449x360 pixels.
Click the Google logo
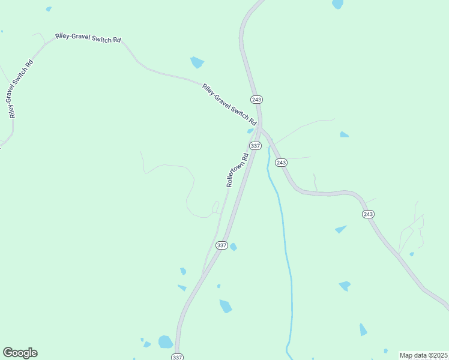point(20,353)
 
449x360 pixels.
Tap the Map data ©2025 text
point(423,355)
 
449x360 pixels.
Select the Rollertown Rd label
point(237,171)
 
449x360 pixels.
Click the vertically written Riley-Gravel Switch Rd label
point(19,89)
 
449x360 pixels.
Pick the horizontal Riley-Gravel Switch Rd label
point(88,38)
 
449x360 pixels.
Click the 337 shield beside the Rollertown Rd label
point(255,146)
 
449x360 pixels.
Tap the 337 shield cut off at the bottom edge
point(176,356)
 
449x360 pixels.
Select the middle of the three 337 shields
point(221,245)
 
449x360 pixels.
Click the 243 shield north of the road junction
point(257,99)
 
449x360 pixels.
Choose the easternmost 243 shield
point(368,214)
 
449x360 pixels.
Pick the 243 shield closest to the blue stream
point(281,163)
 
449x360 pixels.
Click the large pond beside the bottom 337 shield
point(165,342)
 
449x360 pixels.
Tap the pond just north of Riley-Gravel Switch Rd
point(197,62)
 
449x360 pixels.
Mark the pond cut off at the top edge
point(338,4)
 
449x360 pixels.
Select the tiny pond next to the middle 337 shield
point(234,247)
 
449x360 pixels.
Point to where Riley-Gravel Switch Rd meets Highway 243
point(259,125)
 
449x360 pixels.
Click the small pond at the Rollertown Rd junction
point(250,131)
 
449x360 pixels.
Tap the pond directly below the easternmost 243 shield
point(341,229)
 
